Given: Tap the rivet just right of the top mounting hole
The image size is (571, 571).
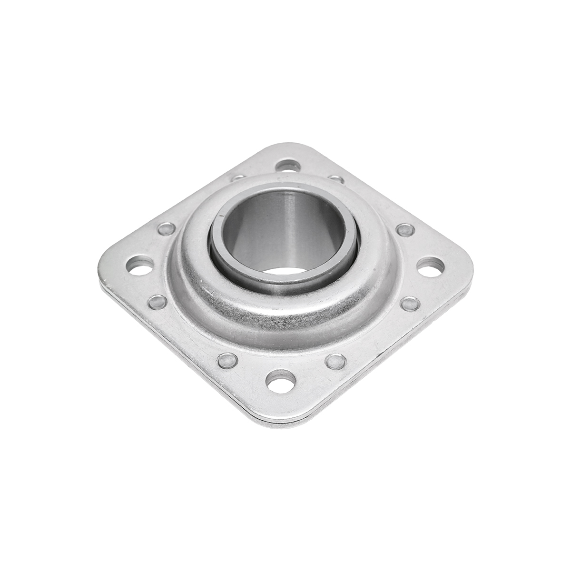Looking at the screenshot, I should tap(336, 179).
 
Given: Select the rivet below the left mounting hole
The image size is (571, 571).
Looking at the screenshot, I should tap(158, 301).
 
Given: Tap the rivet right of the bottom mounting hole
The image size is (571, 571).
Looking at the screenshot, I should tap(336, 361).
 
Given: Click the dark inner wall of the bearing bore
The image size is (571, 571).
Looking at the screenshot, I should tap(266, 224).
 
